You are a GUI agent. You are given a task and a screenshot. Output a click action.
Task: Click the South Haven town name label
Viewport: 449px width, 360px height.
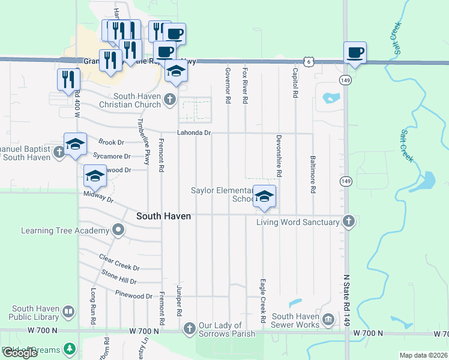pyautogui.click(x=163, y=216)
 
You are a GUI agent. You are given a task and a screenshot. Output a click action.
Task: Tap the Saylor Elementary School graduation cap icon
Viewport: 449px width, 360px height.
pyautogui.click(x=264, y=196)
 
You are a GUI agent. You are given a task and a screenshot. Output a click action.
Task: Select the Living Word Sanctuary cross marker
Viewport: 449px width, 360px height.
pyautogui.click(x=349, y=221)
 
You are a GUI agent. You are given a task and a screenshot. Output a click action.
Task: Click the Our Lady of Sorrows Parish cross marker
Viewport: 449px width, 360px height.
pyautogui.click(x=190, y=328)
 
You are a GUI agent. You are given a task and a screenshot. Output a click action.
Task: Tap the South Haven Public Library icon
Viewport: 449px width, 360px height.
pyautogui.click(x=69, y=311)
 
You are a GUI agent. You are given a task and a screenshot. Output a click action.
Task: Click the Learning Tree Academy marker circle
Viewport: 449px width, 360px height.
pyautogui.click(x=119, y=230)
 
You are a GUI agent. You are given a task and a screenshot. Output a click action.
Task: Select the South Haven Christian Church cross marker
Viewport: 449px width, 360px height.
pyautogui.click(x=170, y=99)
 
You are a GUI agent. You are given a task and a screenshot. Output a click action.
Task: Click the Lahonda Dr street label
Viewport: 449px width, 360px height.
pyautogui.click(x=194, y=133)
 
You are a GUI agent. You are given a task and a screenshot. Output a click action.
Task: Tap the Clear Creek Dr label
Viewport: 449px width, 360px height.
pyautogui.click(x=120, y=268)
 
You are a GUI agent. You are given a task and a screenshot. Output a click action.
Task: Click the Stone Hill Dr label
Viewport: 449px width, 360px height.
pyautogui.click(x=119, y=281)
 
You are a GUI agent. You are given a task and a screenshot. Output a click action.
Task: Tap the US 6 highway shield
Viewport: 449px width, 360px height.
pyautogui.click(x=308, y=61)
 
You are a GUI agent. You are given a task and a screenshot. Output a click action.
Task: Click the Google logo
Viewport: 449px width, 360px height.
pyautogui.click(x=20, y=353)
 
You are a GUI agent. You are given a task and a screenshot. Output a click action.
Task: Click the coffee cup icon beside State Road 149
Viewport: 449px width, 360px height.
pyautogui.click(x=355, y=52)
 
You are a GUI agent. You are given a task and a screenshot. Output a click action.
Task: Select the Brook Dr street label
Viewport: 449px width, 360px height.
pyautogui.click(x=111, y=142)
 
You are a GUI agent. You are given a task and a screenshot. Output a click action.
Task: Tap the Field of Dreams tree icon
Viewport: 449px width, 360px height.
pyautogui.click(x=70, y=349)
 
